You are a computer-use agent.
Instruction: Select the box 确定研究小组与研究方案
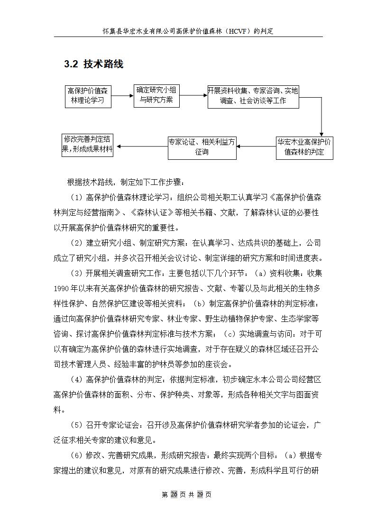(x=156, y=95)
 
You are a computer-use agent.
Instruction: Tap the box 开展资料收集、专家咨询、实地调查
(x=253, y=96)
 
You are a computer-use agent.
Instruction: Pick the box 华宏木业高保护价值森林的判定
(x=304, y=147)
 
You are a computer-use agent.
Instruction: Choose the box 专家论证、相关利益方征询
(x=202, y=147)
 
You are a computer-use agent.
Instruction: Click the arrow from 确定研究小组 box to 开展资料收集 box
(x=193, y=95)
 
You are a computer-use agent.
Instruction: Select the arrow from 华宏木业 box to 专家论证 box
(x=256, y=147)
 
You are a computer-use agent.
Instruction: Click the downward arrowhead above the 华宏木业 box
(x=321, y=134)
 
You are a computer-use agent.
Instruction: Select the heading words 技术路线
(x=103, y=64)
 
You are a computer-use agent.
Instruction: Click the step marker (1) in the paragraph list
(x=75, y=197)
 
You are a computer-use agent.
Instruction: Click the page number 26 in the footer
(x=174, y=495)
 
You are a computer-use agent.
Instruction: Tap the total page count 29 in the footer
(x=200, y=495)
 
